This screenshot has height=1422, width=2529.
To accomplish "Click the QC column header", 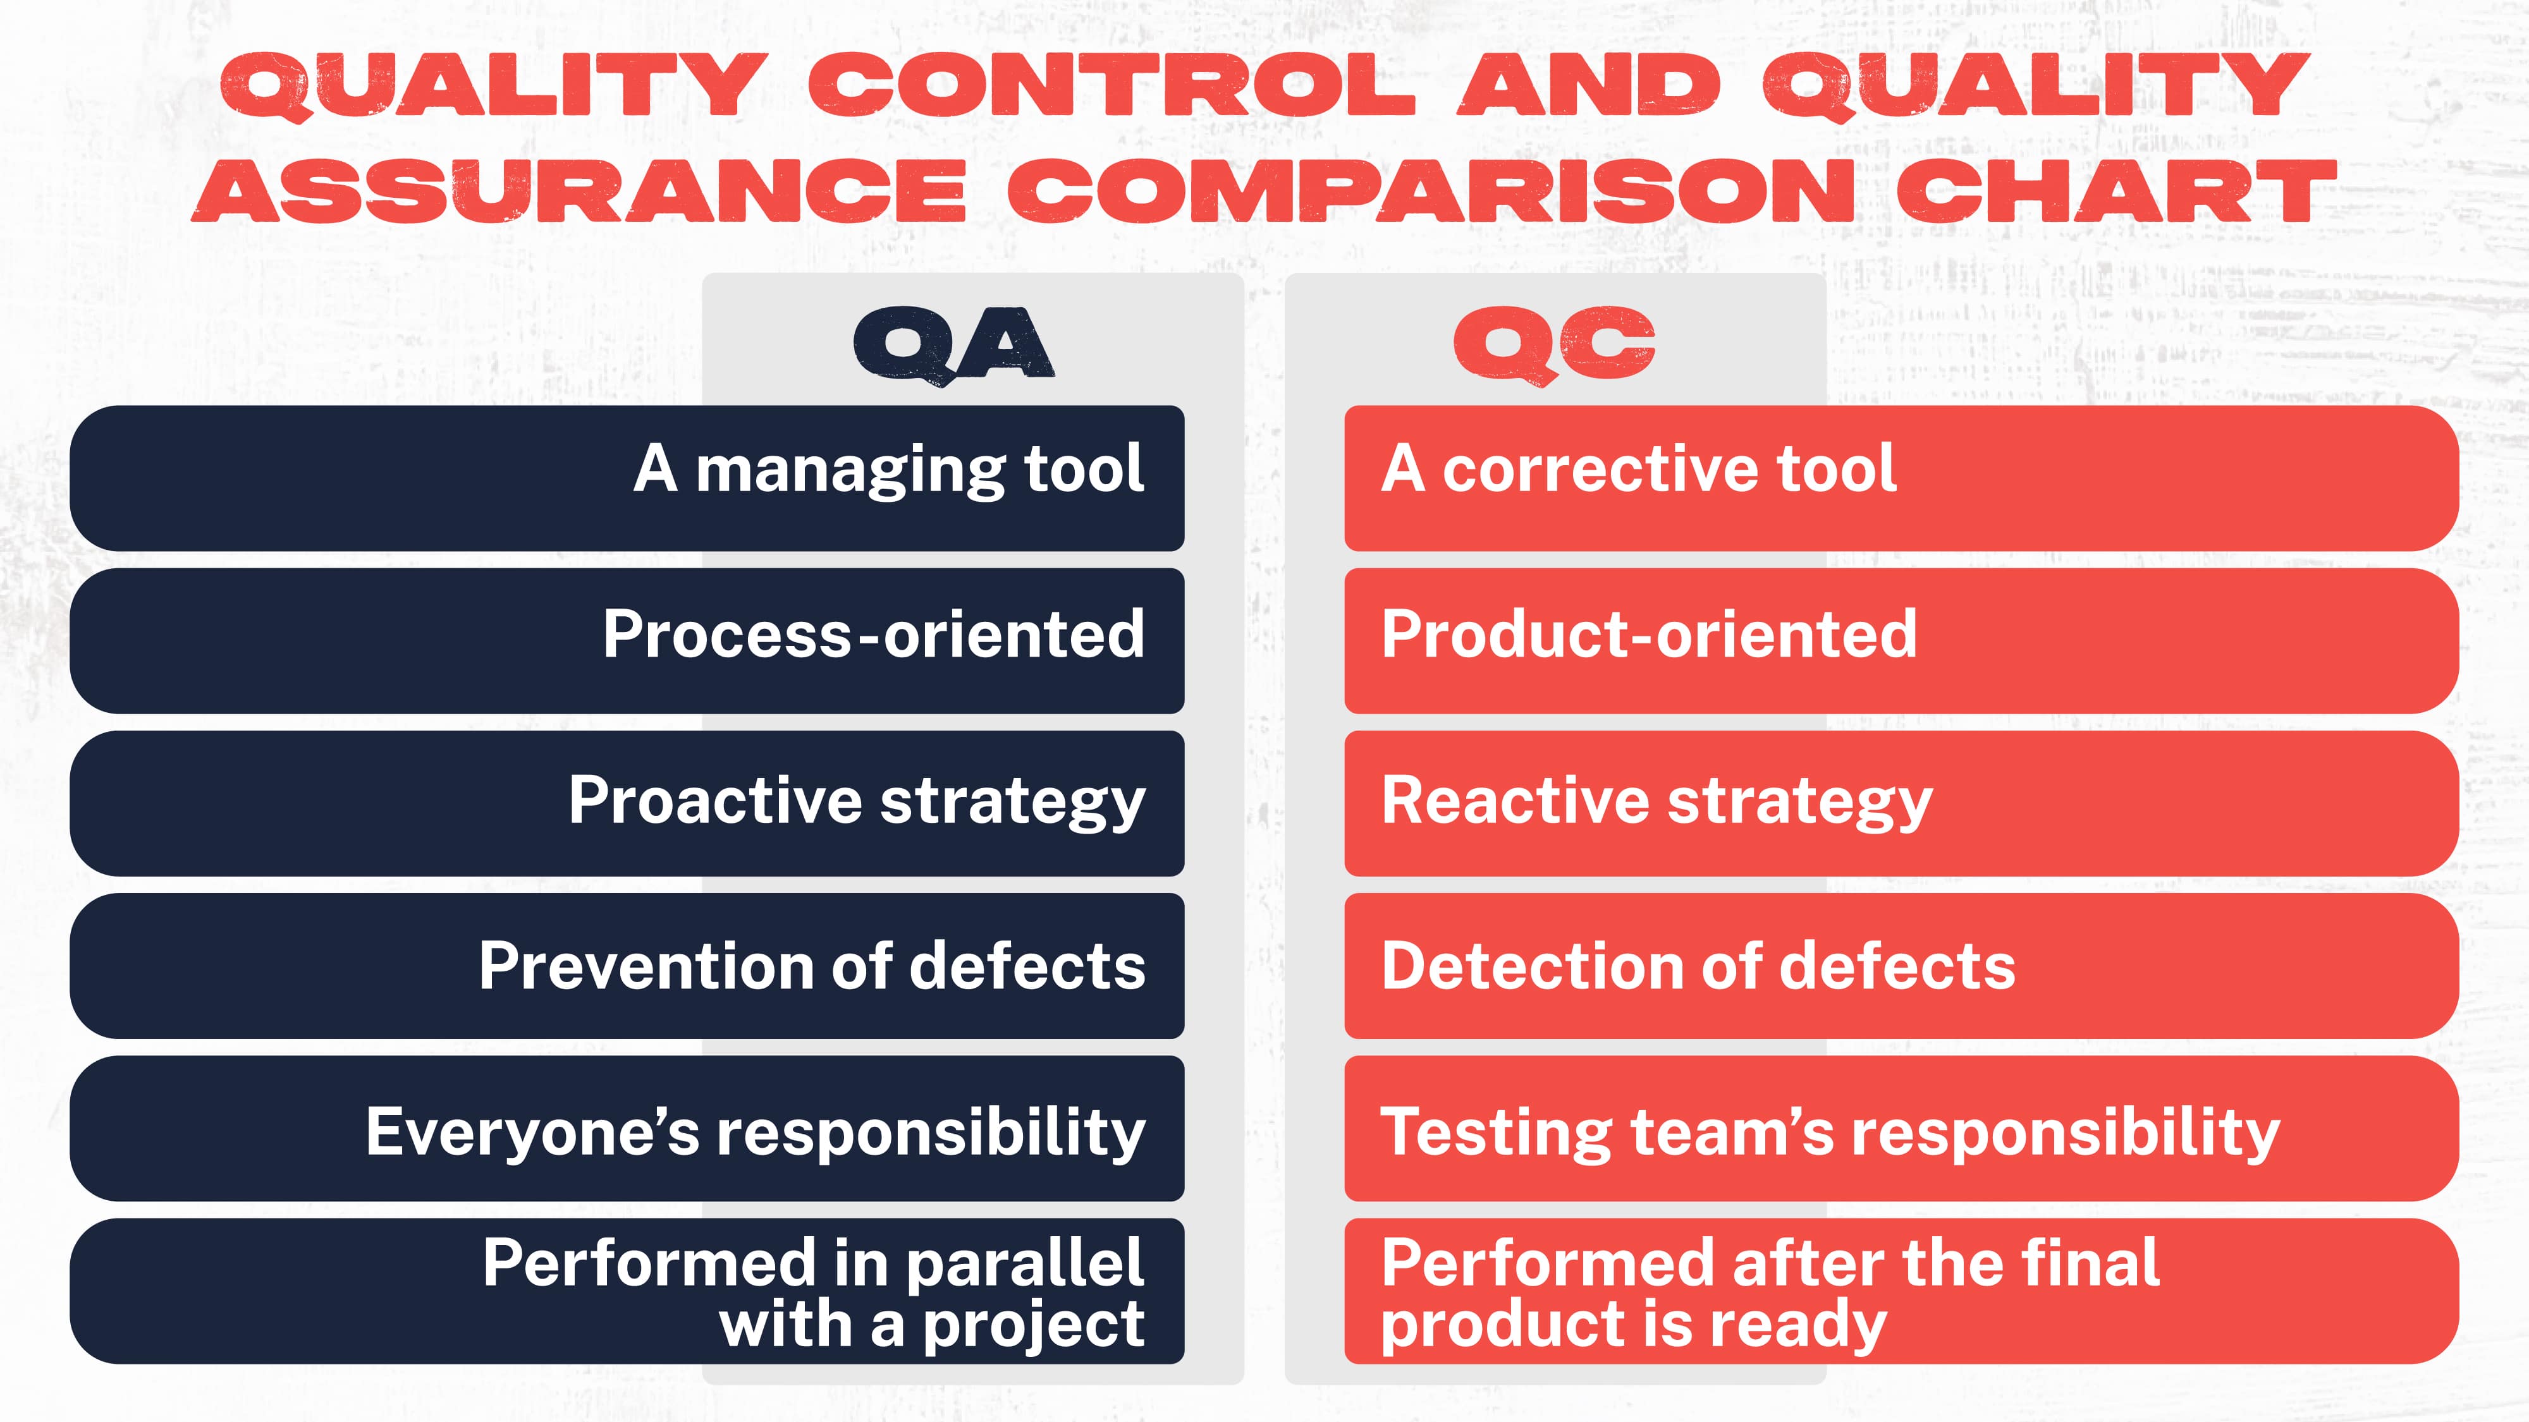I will [x=1554, y=343].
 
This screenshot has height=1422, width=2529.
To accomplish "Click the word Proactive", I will [x=714, y=800].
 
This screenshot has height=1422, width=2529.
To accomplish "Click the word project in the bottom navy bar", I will [x=1033, y=1327].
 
